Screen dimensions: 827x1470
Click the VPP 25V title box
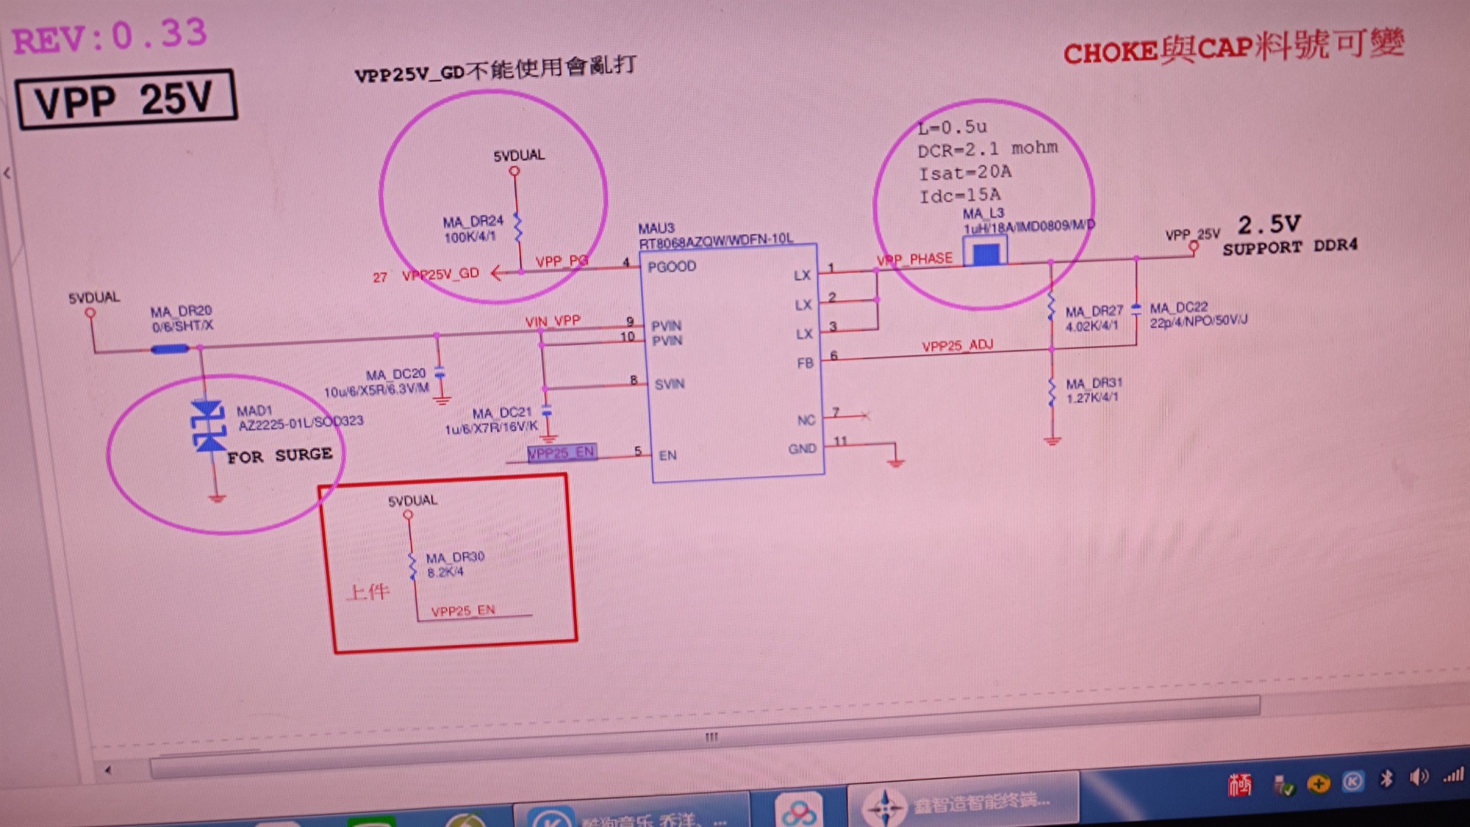coord(126,99)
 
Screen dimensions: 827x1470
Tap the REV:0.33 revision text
coord(110,37)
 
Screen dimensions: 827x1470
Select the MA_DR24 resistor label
coord(473,221)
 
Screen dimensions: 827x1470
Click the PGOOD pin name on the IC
coord(671,267)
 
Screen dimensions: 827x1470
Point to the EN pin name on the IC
coord(667,455)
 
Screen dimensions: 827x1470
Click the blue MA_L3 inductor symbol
coord(986,254)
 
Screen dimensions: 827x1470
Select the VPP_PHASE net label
coord(914,259)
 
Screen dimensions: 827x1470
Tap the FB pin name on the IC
coord(805,364)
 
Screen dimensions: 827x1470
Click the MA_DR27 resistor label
coord(1094,311)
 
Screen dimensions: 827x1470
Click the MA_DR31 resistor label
coord(1094,383)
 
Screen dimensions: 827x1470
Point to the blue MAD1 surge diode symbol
coord(208,426)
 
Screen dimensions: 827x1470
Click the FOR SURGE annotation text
coord(279,456)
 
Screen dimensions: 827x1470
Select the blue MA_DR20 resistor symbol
coord(170,350)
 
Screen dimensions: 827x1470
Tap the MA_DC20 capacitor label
coord(395,375)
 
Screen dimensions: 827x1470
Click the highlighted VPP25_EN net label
coord(562,452)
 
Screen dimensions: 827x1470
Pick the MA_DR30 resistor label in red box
coord(455,557)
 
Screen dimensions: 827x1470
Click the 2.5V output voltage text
coord(1269,224)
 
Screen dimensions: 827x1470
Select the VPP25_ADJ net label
coord(957,346)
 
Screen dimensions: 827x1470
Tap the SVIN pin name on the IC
coord(669,384)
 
